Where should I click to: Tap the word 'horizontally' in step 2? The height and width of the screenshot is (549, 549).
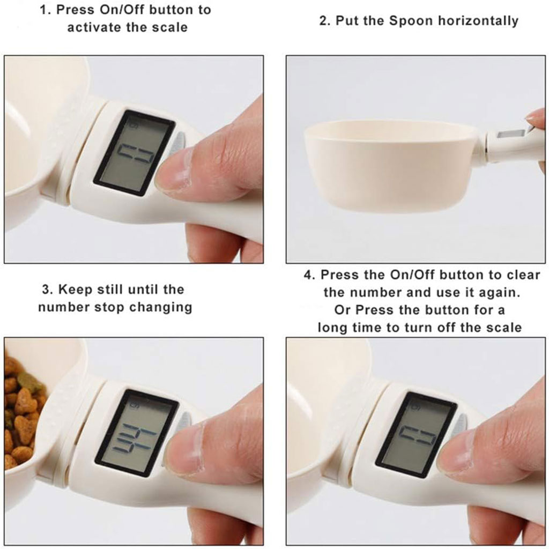pos(478,21)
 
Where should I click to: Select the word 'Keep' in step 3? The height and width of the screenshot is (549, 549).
pos(73,290)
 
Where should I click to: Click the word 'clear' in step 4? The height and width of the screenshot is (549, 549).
pos(523,275)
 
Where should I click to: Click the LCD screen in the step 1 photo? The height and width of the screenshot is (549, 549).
pos(134,153)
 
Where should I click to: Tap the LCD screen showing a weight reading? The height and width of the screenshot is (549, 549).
pos(137,433)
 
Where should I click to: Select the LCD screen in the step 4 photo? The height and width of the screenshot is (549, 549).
pos(416,435)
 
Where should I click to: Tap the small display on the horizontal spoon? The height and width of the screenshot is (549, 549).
pos(510,133)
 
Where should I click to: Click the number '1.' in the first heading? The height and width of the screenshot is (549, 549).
pos(46,10)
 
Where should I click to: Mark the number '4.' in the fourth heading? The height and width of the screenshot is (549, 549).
pos(309,275)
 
